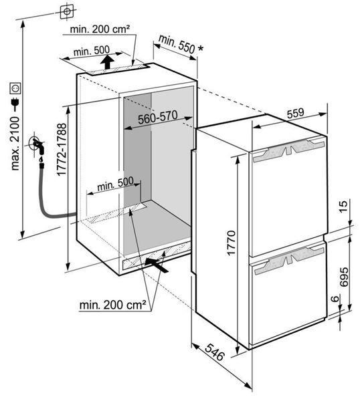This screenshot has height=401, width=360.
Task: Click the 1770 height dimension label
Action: click(231, 243)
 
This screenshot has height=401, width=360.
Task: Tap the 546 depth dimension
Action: click(215, 352)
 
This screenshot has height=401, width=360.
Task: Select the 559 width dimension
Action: click(296, 114)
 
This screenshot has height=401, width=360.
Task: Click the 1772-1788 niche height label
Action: click(62, 150)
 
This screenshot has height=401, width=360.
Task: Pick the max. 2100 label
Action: click(15, 144)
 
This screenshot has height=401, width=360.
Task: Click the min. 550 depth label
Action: click(177, 43)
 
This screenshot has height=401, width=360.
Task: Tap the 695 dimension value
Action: click(344, 277)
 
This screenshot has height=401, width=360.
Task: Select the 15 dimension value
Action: click(344, 206)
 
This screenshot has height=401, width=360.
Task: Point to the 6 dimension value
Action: click(335, 298)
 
